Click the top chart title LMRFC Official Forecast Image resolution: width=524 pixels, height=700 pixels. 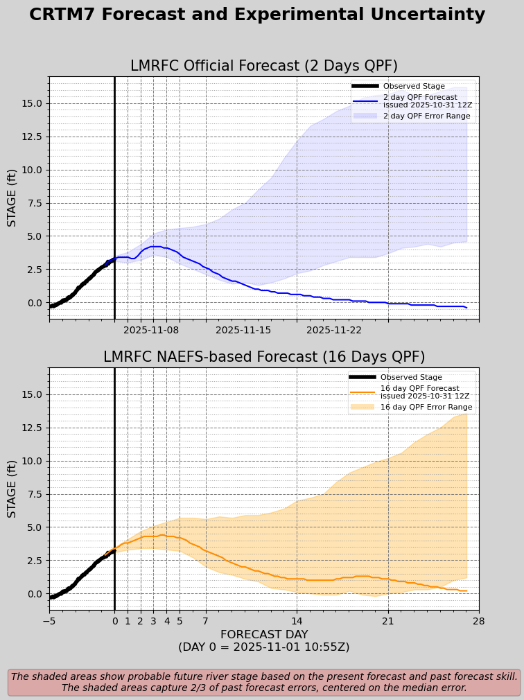pyautogui.click(x=264, y=66)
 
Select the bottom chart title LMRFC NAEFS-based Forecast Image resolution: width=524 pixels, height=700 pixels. pyautogui.click(x=264, y=357)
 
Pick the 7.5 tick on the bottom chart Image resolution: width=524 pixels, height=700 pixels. pyautogui.click(x=32, y=494)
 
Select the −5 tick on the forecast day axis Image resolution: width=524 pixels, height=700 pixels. pyautogui.click(x=49, y=621)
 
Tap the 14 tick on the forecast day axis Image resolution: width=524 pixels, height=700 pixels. pyautogui.click(x=297, y=621)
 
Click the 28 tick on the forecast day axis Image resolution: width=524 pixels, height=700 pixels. pyautogui.click(x=478, y=621)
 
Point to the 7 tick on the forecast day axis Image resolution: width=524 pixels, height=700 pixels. pyautogui.click(x=205, y=621)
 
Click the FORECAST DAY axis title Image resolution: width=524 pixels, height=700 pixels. pyautogui.click(x=264, y=635)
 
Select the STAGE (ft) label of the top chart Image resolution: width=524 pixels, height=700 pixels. pyautogui.click(x=12, y=198)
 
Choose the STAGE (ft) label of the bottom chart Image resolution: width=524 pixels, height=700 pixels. pyautogui.click(x=12, y=489)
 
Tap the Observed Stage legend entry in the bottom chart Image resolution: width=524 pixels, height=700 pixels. pyautogui.click(x=411, y=377)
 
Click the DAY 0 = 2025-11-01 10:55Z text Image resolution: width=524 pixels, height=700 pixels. pyautogui.click(x=264, y=647)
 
